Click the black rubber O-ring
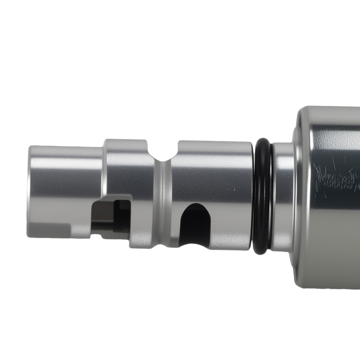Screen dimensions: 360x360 pos(262,196)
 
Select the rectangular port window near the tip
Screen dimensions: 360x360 pos(112,216)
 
